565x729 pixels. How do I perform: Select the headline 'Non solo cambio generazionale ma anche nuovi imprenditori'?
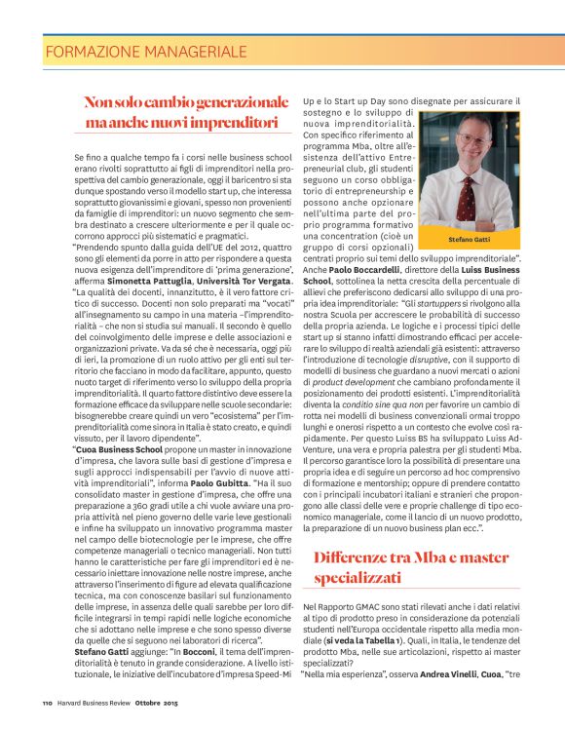pyautogui.click(x=186, y=112)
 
